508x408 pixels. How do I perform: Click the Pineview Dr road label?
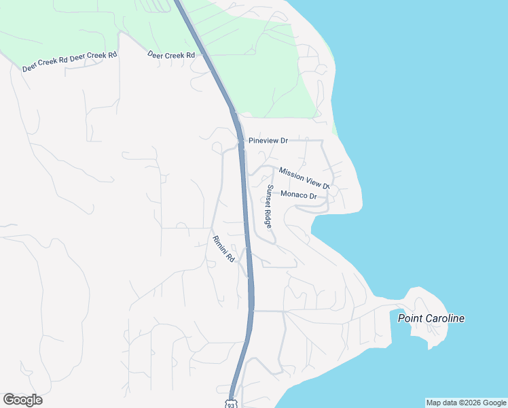[x=268, y=141]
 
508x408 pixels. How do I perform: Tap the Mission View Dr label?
[x=304, y=179]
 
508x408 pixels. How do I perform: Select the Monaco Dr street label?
[x=299, y=196]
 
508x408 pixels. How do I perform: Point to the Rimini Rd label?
[x=223, y=249]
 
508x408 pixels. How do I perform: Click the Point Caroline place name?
[x=431, y=318]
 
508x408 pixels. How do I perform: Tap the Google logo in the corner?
[x=22, y=400]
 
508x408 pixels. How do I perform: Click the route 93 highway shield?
[x=232, y=403]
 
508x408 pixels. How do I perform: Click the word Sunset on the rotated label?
[x=270, y=196]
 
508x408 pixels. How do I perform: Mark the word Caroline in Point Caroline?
[x=446, y=318]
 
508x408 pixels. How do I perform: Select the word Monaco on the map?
[x=294, y=196]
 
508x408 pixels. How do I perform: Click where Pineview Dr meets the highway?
[x=240, y=142]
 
